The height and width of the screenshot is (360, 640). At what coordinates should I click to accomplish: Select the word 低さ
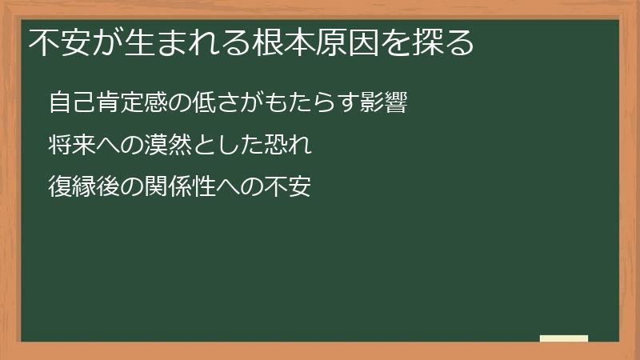216,103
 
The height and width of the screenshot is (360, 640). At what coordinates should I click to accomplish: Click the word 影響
385,103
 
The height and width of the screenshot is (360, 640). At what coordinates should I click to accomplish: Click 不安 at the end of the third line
288,188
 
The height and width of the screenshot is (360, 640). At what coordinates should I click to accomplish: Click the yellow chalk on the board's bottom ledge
564,338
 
